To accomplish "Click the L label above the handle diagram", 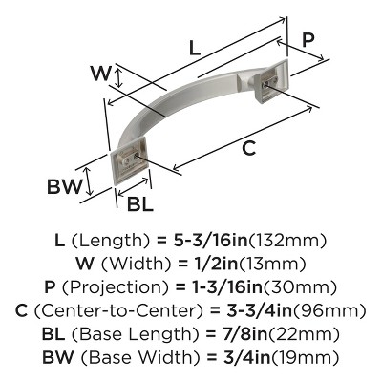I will [x=195, y=47].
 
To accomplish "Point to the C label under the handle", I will [x=248, y=149].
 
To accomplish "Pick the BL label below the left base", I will [x=139, y=202].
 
